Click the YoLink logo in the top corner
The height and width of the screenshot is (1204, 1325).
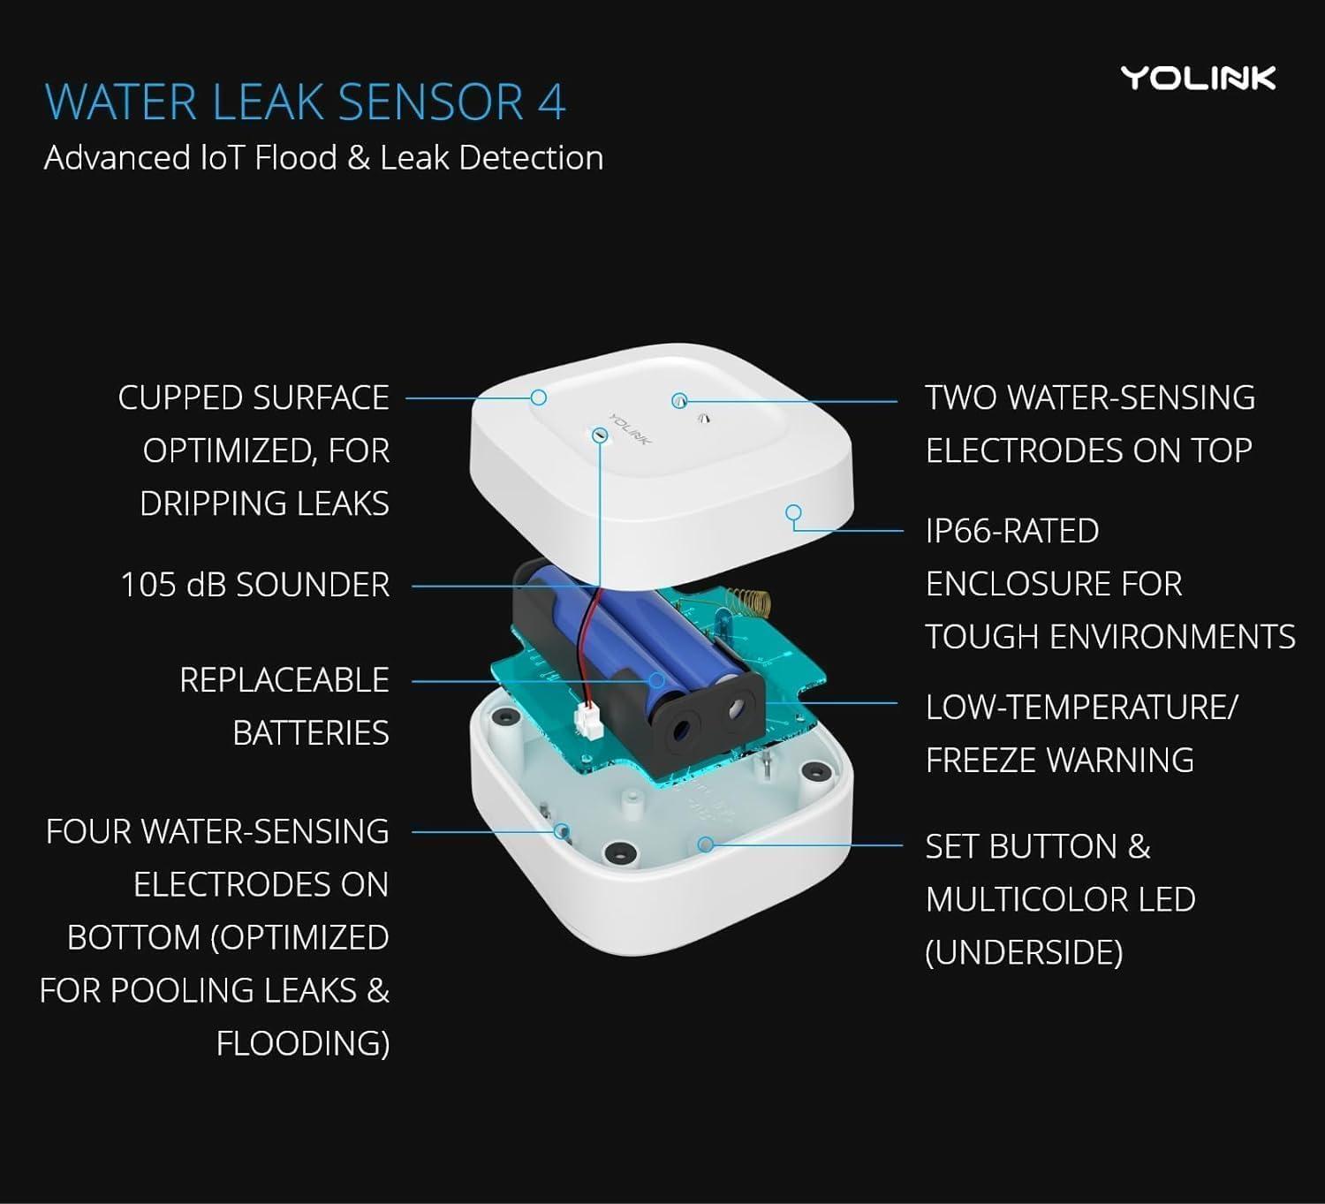click(1198, 79)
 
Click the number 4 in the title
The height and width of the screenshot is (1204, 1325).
click(550, 102)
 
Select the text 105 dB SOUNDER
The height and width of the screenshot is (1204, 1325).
click(254, 585)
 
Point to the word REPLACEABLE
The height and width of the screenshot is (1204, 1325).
click(284, 680)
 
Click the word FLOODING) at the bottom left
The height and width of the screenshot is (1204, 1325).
click(302, 1043)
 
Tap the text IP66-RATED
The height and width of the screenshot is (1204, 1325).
click(1012, 531)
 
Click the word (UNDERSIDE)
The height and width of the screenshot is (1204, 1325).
click(1024, 952)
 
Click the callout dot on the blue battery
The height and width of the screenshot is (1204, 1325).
click(657, 680)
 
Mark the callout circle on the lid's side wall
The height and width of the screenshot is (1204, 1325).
click(793, 512)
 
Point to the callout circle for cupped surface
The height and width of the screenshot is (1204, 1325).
click(539, 398)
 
